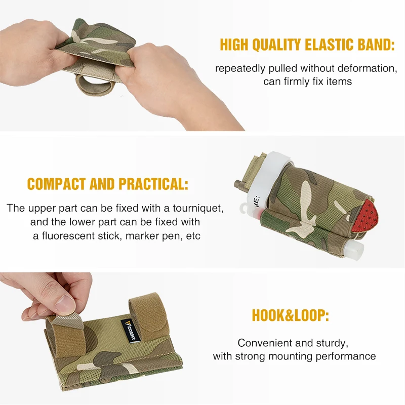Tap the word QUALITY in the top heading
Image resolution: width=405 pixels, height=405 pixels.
(x=276, y=45)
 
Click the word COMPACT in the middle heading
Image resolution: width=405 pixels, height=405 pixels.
(x=56, y=184)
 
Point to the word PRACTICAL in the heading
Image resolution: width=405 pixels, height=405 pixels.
(x=153, y=184)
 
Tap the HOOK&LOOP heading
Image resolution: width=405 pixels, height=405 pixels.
(x=290, y=315)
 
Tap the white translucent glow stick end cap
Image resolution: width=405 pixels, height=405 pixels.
(x=356, y=250)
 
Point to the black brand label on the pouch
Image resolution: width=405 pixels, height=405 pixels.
(x=131, y=332)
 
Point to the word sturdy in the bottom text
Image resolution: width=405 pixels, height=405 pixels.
(x=335, y=343)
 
